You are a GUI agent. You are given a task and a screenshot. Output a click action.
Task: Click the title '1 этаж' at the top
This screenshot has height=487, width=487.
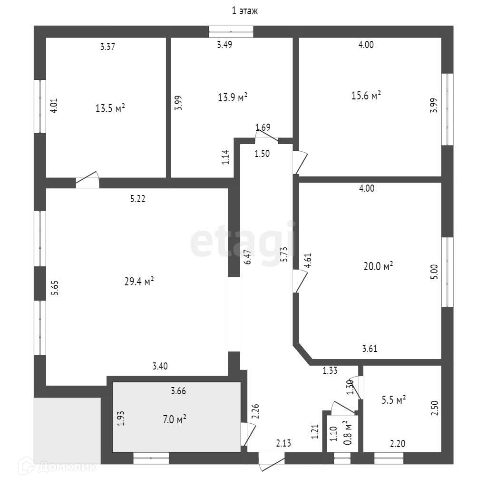point(244,11)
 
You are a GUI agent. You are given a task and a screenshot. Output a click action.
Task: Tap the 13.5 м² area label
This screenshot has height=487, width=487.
point(110,108)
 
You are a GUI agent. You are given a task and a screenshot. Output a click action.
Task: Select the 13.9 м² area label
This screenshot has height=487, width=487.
point(233,97)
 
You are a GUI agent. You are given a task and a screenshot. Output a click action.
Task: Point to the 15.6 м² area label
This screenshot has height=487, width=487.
point(366,96)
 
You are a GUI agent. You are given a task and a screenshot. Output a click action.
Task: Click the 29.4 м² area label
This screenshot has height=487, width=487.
point(139,282)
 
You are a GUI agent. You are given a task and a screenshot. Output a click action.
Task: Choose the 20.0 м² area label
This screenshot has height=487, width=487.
point(378,267)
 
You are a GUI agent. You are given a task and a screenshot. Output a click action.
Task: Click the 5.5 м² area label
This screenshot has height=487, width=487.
point(394,400)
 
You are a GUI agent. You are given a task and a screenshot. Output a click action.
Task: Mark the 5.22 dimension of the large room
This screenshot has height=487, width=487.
point(138,199)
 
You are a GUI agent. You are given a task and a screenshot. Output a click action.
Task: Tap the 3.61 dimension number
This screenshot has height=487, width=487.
point(370,348)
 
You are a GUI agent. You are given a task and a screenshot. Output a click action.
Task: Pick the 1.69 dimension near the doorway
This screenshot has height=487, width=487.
point(263,127)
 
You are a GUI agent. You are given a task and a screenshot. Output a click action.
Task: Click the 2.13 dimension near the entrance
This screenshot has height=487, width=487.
point(283,444)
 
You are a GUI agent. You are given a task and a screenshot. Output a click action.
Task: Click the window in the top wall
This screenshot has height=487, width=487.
point(231,32)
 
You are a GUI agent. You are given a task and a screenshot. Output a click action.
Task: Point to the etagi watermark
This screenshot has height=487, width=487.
point(243,242)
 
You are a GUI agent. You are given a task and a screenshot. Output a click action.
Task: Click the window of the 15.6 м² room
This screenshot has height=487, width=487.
point(447,109)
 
